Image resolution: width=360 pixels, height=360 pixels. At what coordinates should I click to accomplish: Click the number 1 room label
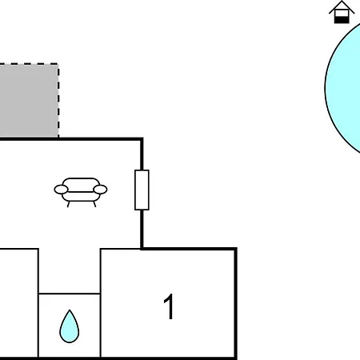[169, 306]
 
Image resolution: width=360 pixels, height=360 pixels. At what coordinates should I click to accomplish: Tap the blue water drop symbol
[70, 326]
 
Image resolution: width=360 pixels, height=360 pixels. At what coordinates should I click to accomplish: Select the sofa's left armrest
[61, 190]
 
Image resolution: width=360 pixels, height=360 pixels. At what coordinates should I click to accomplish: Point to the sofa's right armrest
[100, 190]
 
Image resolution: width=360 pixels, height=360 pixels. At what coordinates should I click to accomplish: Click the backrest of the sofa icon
[81, 182]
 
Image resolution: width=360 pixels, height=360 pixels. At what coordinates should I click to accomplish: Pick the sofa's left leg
[68, 204]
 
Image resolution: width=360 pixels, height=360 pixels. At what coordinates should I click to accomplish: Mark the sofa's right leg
[94, 204]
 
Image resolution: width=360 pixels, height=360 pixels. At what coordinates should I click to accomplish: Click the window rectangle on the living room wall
[142, 190]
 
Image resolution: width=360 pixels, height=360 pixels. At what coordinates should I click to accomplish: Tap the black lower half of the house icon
[342, 20]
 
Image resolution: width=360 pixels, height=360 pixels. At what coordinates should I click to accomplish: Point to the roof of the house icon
[342, 6]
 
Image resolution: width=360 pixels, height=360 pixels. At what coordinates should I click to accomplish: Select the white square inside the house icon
[342, 14]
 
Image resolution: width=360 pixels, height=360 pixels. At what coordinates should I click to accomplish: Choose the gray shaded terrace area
[29, 101]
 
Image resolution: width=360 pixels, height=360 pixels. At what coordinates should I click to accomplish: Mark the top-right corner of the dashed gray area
[58, 64]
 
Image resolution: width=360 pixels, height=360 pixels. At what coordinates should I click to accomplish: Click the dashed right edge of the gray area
[58, 101]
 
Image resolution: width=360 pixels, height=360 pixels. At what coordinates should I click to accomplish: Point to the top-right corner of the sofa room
[142, 139]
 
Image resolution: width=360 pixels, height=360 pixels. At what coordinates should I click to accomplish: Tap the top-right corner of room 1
[236, 249]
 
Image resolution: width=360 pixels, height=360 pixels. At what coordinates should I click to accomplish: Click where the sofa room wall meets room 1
[142, 249]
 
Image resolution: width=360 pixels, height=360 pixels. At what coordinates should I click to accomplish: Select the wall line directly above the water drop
[70, 294]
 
